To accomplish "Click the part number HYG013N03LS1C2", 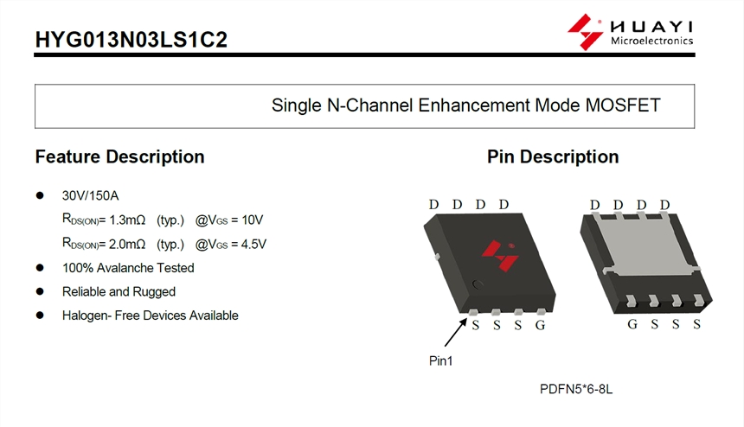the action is click(x=131, y=40).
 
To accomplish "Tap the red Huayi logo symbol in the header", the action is click(x=585, y=32).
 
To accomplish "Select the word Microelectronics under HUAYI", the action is click(x=652, y=41).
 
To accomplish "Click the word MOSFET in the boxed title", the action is click(x=623, y=105).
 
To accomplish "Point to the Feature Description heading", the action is click(x=119, y=156).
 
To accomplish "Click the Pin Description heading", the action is click(x=553, y=156).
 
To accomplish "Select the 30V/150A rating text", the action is click(x=90, y=195).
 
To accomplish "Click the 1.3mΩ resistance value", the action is click(x=127, y=220).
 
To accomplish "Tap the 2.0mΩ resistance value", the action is click(x=127, y=244).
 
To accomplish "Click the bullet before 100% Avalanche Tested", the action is click(x=40, y=268).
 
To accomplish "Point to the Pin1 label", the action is click(x=441, y=361).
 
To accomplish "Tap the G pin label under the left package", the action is click(x=540, y=325).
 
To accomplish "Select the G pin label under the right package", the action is click(x=632, y=324).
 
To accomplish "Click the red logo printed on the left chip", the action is click(x=500, y=256).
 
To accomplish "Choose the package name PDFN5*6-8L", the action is click(x=576, y=389).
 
